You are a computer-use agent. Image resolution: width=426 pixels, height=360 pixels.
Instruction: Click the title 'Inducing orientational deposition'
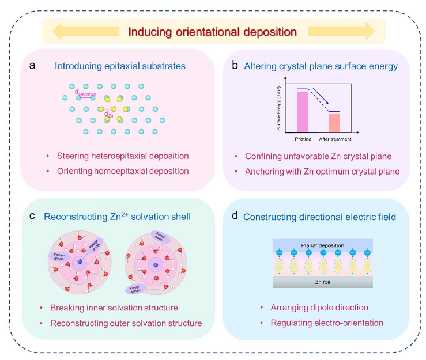point(212,31)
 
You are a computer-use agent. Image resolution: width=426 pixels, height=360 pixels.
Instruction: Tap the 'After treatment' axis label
point(335,139)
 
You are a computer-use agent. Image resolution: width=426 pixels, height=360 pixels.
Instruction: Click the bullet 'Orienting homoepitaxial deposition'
point(123,171)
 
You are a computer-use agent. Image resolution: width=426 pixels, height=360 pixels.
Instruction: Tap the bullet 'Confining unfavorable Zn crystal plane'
point(319,156)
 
